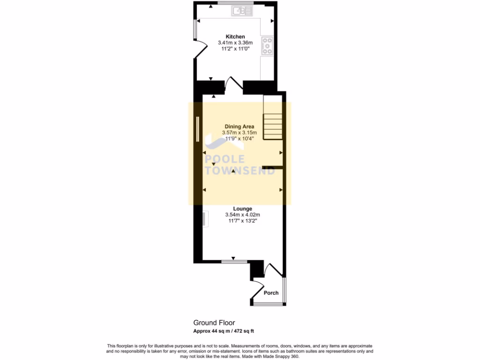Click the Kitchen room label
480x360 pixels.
[x=235, y=37]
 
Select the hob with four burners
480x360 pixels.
[x=268, y=46]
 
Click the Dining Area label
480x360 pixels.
[x=240, y=127]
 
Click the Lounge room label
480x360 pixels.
[x=243, y=209]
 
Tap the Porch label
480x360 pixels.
[x=271, y=293]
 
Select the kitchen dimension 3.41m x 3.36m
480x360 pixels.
[x=235, y=43]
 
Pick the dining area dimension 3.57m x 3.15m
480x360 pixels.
[x=240, y=133]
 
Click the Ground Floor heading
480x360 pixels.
[x=214, y=322]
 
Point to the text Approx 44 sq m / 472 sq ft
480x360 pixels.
[x=224, y=331]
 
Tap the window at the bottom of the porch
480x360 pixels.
[x=269, y=304]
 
